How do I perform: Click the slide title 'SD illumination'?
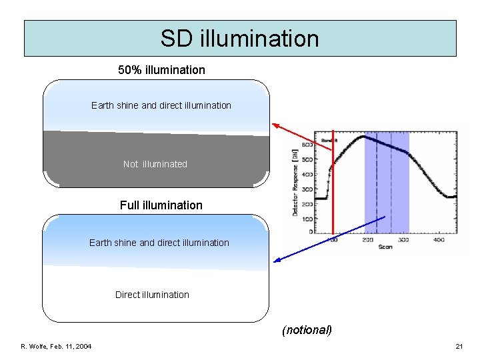(240, 38)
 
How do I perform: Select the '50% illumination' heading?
(161, 69)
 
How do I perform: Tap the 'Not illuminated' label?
(155, 164)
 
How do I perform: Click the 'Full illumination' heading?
(161, 205)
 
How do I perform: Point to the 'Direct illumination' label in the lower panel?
(152, 295)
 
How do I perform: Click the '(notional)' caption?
(307, 329)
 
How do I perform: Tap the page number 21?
(459, 346)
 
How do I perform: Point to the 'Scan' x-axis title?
(385, 248)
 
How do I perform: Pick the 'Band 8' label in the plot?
(329, 141)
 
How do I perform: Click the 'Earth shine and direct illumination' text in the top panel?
(161, 105)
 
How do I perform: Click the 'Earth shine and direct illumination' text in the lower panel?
(159, 243)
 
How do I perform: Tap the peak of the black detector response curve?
(361, 137)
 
